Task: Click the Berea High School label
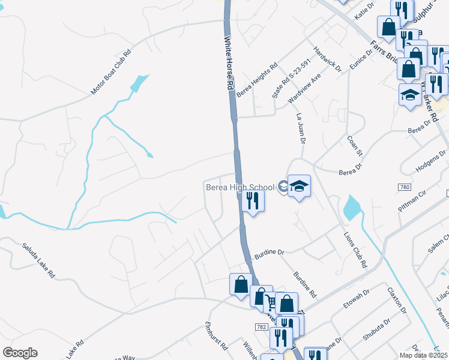pos(240,187)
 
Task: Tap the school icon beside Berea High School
pos(298,187)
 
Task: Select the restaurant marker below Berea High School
pos(253,201)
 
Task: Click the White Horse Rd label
pos(229,63)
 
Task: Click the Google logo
pos(20,353)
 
